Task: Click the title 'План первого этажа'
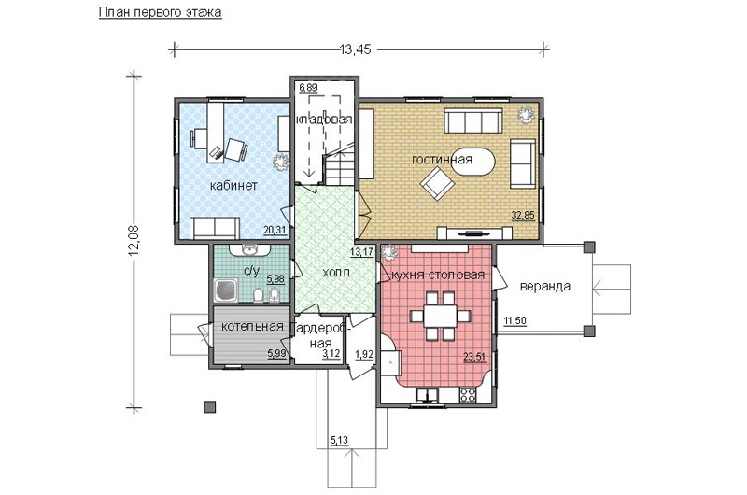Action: pyautogui.click(x=160, y=12)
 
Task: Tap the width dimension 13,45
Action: pyautogui.click(x=355, y=49)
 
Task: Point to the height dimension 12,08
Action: pyautogui.click(x=134, y=240)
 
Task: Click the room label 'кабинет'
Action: pyautogui.click(x=233, y=185)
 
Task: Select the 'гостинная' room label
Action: pyautogui.click(x=442, y=159)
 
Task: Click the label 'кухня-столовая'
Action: pyautogui.click(x=438, y=275)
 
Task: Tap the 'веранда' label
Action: pyautogui.click(x=545, y=287)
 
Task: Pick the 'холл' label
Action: pyautogui.click(x=336, y=273)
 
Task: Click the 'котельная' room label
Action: pyautogui.click(x=252, y=326)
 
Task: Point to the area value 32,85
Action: pyautogui.click(x=523, y=216)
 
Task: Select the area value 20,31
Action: pyautogui.click(x=275, y=231)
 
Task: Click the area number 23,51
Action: pyautogui.click(x=475, y=355)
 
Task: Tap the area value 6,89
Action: pyautogui.click(x=308, y=87)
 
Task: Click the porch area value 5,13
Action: pyautogui.click(x=339, y=441)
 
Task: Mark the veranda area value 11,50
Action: pyautogui.click(x=515, y=320)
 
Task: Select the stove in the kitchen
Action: pyautogui.click(x=468, y=394)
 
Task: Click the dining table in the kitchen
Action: pyautogui.click(x=440, y=316)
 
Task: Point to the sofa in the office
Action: pyautogui.click(x=215, y=228)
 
